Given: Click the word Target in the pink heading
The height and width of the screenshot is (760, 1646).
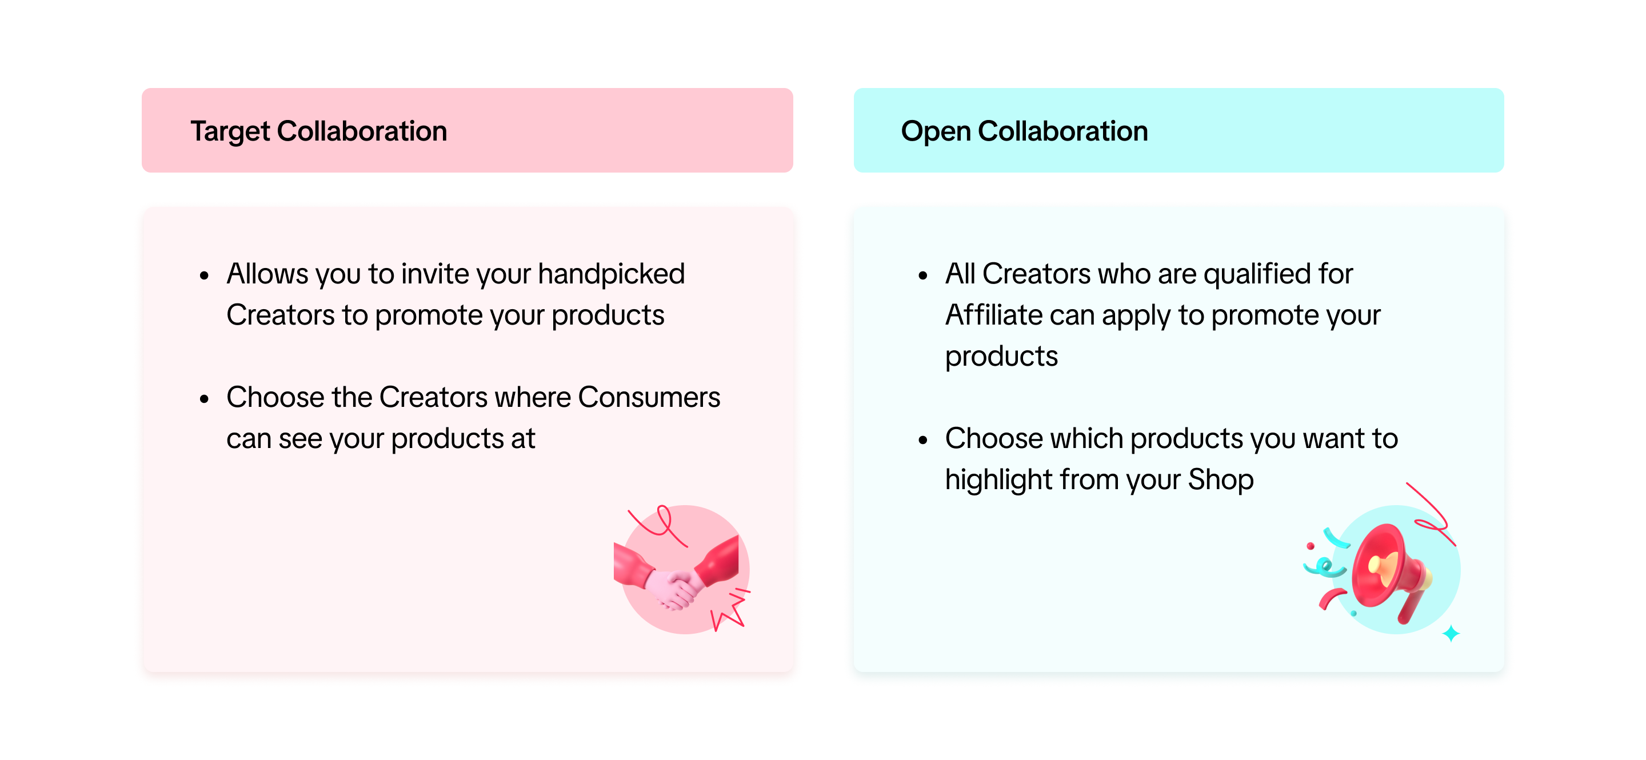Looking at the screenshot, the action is tap(230, 131).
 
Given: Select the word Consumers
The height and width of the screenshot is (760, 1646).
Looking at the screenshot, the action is tap(649, 397).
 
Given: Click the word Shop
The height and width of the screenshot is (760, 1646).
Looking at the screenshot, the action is tap(1221, 479).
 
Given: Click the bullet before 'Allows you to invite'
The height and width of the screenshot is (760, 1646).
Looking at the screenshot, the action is tap(205, 276).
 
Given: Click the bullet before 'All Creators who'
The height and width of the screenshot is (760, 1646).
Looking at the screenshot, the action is tap(922, 276).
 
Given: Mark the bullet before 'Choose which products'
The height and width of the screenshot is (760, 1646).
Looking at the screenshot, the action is tap(922, 440).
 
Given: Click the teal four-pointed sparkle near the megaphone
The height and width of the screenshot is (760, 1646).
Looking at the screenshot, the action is tap(1451, 634).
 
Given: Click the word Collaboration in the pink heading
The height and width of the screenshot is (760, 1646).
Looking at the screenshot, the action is tap(362, 131).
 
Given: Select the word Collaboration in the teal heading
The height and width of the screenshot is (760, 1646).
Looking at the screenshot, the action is tap(1062, 131).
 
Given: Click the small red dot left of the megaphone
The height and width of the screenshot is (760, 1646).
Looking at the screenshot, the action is tap(1311, 546).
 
